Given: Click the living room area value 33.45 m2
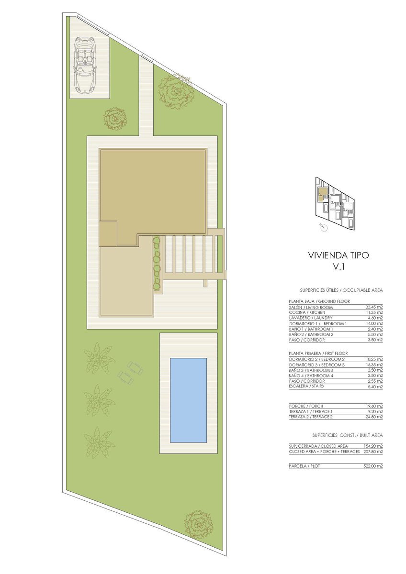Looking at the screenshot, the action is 374,307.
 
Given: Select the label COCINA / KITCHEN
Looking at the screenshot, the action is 307,313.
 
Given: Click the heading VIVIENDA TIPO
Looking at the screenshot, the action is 338,255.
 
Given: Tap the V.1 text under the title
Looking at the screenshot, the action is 338,267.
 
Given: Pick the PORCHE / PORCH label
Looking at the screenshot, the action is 306,406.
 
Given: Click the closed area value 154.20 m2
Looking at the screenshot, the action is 373,446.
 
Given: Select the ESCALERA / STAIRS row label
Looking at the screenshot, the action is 306,386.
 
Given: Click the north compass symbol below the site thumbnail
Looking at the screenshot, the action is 324,227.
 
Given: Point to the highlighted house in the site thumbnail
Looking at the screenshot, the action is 322,194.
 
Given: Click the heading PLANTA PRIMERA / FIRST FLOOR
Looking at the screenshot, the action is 318,353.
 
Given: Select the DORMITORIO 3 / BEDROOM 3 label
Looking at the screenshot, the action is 317,365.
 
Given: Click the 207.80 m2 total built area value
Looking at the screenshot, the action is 373,452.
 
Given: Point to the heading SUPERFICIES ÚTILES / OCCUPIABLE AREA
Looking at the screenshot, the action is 341,290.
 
